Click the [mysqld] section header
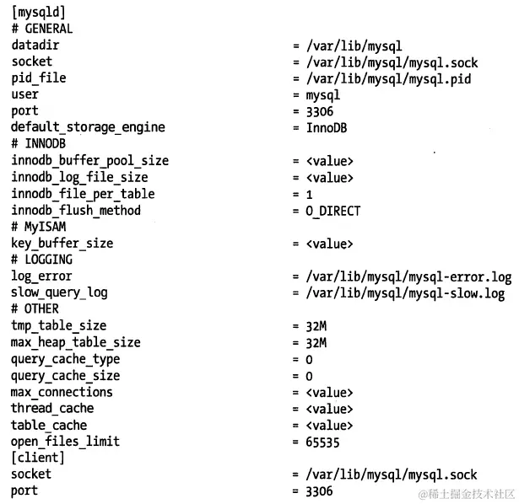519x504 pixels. coord(38,12)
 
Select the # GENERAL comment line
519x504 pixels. coord(42,28)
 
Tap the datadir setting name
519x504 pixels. coord(35,45)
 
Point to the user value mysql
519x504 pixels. coord(322,94)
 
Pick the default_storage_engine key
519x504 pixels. coord(88,127)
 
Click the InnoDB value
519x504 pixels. coord(327,127)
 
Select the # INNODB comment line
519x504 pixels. coord(39,144)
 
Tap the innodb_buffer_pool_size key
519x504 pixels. coord(89,160)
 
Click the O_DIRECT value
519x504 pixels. coord(332,211)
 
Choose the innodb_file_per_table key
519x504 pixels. coord(83,194)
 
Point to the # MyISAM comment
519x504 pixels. coord(39,227)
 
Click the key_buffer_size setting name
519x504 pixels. coord(62,244)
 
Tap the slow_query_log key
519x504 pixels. coord(59,292)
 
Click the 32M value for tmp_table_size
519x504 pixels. coord(316,325)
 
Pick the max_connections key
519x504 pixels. coord(62,392)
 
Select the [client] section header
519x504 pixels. coord(38,458)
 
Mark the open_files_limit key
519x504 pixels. coord(65,442)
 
